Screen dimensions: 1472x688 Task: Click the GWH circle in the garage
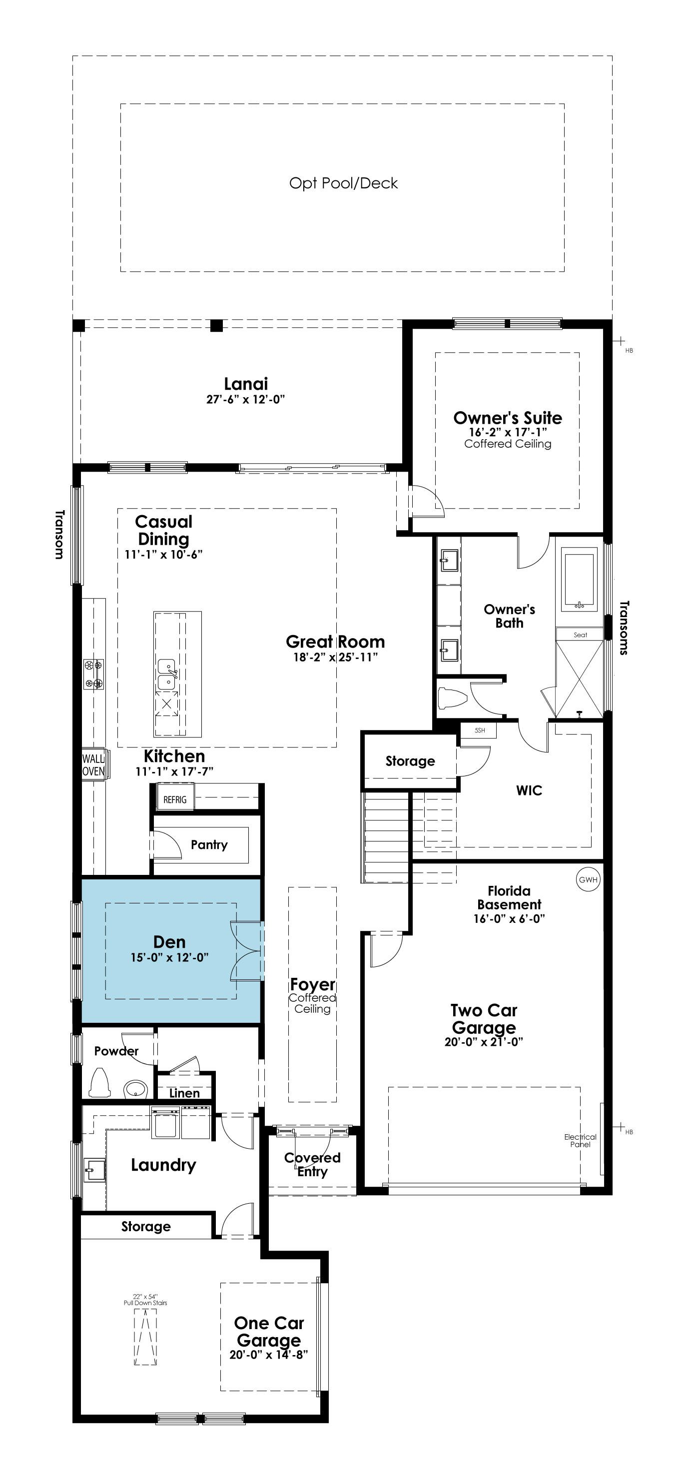[x=588, y=879]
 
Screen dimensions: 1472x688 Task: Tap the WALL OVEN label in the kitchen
[x=93, y=764]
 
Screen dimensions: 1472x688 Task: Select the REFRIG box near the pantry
[x=175, y=799]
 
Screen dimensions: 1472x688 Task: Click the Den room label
[x=169, y=942]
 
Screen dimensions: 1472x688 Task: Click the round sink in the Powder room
[x=136, y=1089]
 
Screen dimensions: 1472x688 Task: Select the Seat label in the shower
[x=580, y=635]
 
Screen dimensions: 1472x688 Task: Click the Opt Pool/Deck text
[x=343, y=183]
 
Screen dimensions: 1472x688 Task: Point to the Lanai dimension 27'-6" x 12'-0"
[x=246, y=399]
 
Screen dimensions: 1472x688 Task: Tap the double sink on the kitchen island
[x=166, y=674]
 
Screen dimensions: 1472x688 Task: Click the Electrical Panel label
[x=580, y=1140]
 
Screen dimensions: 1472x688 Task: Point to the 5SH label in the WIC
[x=480, y=731]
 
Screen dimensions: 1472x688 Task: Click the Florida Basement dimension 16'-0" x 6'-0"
[x=509, y=918]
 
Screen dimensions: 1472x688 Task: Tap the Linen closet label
[x=184, y=1093]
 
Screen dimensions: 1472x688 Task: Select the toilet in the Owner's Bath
[x=452, y=698]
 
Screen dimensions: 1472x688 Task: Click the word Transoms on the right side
[x=624, y=627]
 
